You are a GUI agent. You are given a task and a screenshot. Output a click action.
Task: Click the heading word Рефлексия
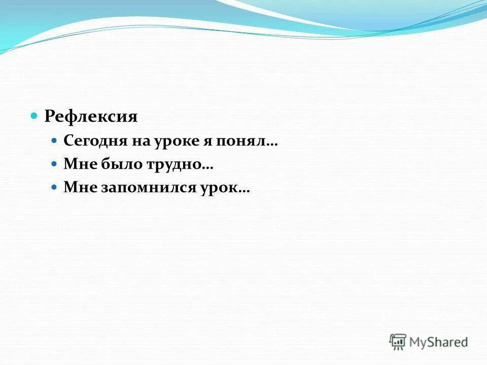[x=91, y=117]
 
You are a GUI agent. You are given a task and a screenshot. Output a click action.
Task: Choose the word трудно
[x=167, y=164]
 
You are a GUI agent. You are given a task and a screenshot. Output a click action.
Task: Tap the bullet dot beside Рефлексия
[x=34, y=116]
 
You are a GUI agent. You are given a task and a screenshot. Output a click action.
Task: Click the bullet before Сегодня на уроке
[x=55, y=140]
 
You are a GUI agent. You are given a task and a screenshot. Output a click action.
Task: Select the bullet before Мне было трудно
[x=55, y=163]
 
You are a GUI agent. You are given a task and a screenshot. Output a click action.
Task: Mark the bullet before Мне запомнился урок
[x=55, y=187]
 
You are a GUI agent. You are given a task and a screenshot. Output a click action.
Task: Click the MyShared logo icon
[x=398, y=342]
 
